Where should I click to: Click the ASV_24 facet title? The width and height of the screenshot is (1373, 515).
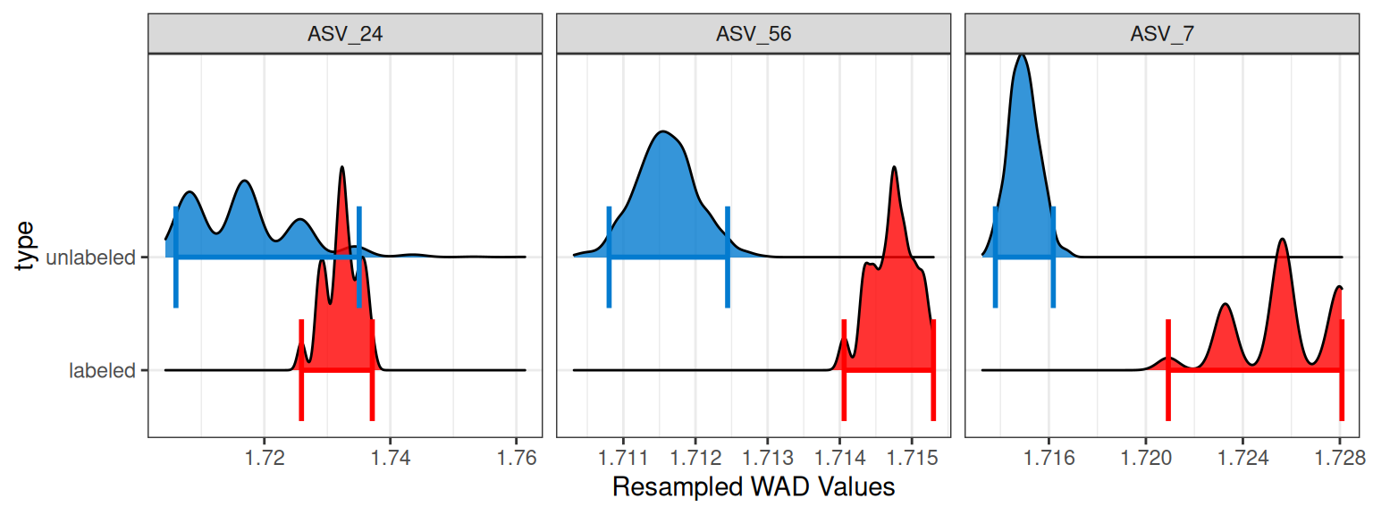[x=345, y=34]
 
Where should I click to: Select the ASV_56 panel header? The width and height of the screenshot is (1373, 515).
[x=754, y=34]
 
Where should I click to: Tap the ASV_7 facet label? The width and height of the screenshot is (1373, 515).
[x=1162, y=34]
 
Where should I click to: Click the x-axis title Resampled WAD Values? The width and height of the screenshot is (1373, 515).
[x=754, y=486]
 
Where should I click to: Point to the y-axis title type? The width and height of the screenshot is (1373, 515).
[x=24, y=245]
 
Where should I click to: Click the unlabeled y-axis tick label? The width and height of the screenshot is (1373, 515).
[x=90, y=257]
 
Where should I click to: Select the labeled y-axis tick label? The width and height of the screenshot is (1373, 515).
[x=102, y=370]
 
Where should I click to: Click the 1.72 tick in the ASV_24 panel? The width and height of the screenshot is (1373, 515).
[x=265, y=458]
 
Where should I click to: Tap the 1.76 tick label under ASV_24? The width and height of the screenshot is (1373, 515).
[x=516, y=458]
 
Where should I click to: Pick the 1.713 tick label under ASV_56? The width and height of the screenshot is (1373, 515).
[x=768, y=458]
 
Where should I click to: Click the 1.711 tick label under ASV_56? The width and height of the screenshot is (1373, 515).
[x=623, y=458]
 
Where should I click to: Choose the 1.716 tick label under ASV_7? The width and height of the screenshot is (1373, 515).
[x=1049, y=458]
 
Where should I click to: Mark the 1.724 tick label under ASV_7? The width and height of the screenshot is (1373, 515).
[x=1242, y=458]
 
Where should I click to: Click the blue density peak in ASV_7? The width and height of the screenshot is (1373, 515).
[x=1022, y=56]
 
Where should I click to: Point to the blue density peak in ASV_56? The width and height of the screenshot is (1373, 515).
[x=662, y=132]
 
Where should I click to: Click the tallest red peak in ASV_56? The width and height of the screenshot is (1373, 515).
[x=894, y=168]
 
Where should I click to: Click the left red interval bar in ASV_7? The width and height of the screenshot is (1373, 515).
[x=1168, y=370]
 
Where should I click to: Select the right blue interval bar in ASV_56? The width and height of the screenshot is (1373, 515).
[x=728, y=257]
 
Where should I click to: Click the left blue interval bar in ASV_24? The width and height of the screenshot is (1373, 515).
[x=176, y=257]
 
